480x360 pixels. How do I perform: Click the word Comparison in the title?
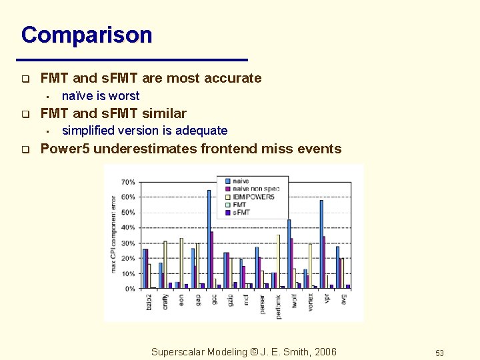point(87,35)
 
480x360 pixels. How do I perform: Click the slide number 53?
point(439,353)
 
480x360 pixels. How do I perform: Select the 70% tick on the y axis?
point(128,182)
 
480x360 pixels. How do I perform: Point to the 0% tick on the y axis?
point(130,289)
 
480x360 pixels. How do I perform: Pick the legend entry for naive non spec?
point(255,189)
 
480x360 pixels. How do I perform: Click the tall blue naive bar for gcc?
point(209,239)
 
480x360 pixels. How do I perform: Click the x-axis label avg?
point(344,300)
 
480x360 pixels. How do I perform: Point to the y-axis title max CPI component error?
point(114,233)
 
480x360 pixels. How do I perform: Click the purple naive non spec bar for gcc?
point(212,260)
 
